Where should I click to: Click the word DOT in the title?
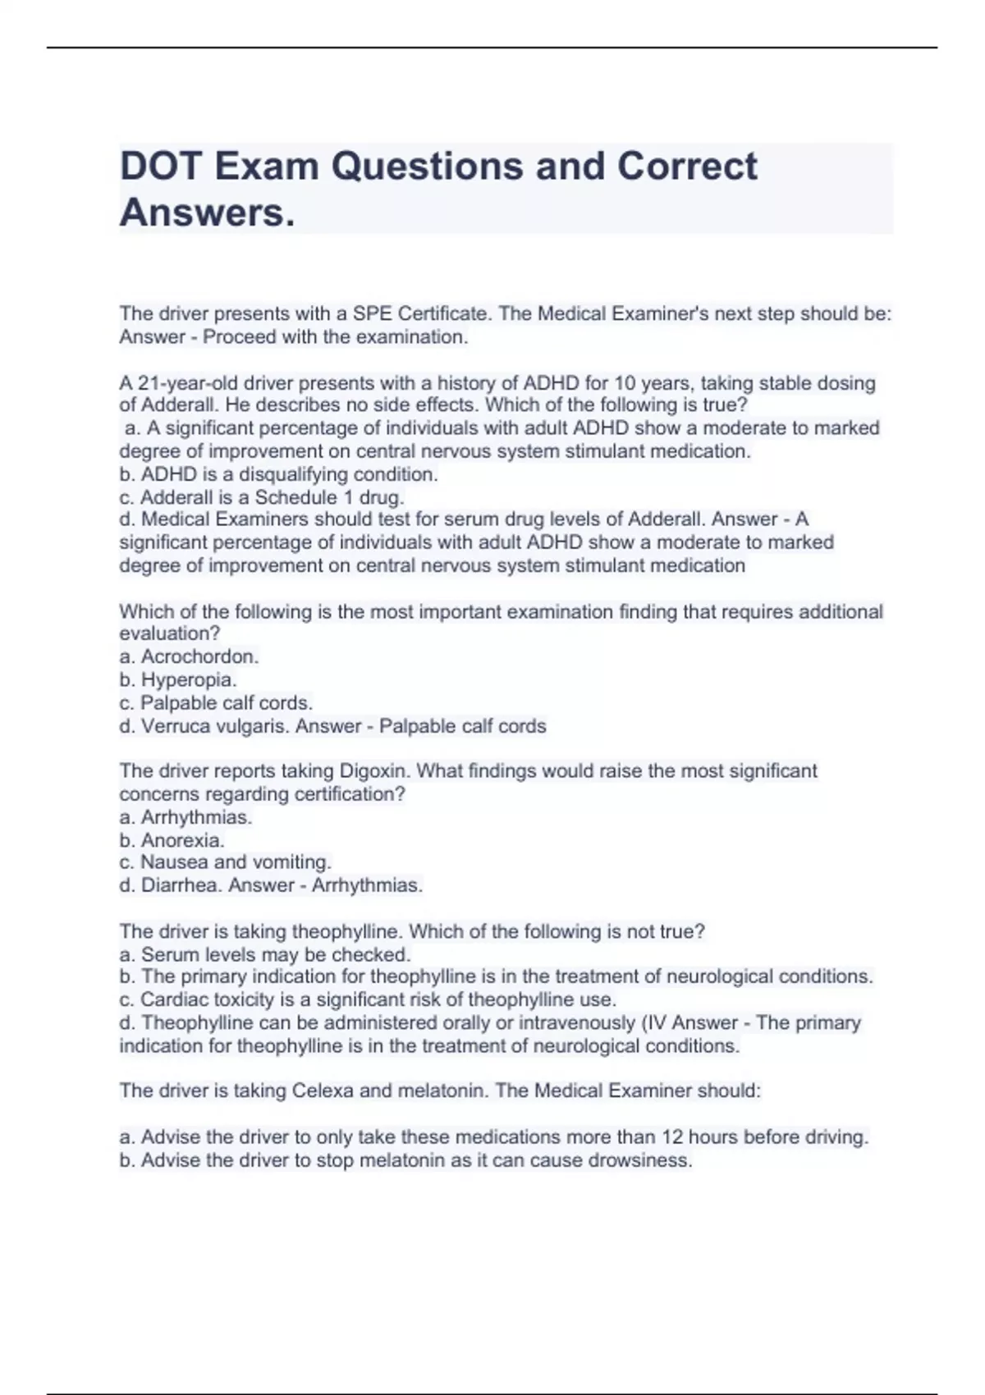pos(160,167)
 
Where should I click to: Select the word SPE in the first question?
pos(371,313)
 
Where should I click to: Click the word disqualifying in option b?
pos(294,474)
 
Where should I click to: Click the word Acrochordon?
pos(199,656)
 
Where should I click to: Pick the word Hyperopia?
pos(189,679)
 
